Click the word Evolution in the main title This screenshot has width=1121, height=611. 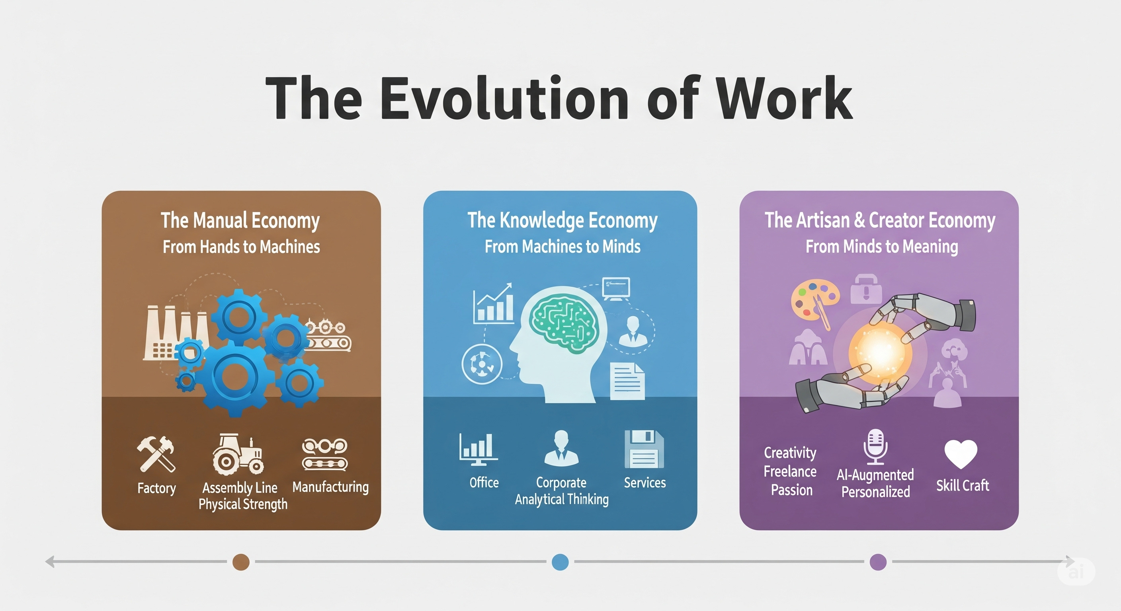504,99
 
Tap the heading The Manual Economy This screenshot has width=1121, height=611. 240,220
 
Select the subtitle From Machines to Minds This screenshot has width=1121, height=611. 562,247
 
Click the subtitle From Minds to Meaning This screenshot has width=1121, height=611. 882,247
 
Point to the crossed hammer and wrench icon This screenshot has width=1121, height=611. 156,453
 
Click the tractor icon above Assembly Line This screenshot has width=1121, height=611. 238,454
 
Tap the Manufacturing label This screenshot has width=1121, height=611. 330,486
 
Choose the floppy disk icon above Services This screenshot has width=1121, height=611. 644,449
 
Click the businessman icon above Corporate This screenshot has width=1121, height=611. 561,448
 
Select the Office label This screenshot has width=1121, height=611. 484,482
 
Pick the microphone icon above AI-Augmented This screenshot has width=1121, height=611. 875,447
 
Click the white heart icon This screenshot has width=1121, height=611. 961,453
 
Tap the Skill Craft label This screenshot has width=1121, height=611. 963,485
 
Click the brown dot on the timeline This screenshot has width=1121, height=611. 241,562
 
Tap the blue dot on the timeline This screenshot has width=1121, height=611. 560,562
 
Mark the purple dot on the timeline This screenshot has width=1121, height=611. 878,562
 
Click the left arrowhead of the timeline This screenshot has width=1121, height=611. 50,561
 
